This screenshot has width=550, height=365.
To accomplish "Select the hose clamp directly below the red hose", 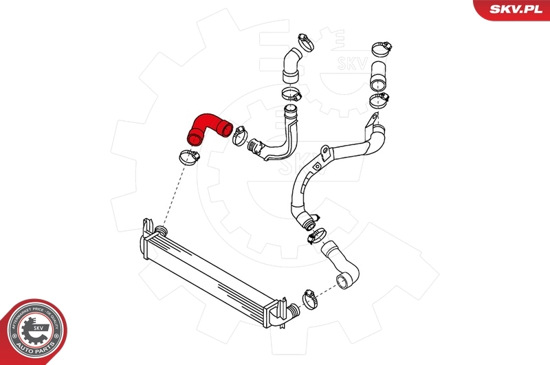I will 188,157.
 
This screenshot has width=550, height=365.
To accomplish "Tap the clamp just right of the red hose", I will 241,133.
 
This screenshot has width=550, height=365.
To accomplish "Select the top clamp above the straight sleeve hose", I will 380,49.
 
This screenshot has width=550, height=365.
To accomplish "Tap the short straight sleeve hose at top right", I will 379,75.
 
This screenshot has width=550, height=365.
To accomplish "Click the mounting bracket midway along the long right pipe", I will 318,165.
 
